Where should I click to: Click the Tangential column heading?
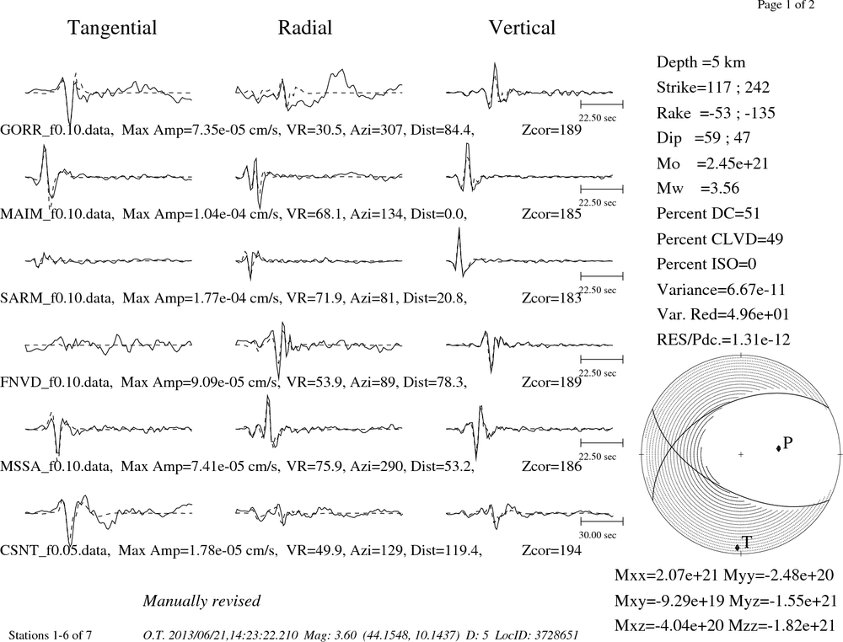point(112,28)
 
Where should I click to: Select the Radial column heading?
point(305,28)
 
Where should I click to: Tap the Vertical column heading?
point(522,28)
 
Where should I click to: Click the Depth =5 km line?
point(701,62)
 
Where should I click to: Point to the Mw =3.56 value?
point(698,188)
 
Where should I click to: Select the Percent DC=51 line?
point(708,213)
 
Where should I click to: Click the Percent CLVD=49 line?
point(720,238)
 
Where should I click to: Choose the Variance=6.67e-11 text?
point(721,290)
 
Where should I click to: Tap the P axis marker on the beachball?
point(778,448)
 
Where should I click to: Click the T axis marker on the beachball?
point(738,548)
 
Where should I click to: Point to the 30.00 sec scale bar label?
point(598,535)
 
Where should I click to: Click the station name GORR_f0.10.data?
point(57,130)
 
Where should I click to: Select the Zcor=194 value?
point(551,550)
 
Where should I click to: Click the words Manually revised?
point(201,601)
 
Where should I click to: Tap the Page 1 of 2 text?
point(786,5)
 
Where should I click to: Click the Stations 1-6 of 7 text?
point(50,635)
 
